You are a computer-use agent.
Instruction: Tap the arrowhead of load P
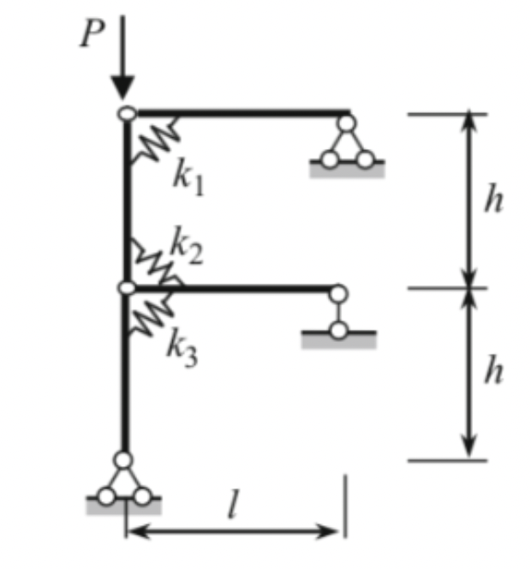coord(123,88)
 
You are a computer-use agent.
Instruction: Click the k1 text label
coord(188,177)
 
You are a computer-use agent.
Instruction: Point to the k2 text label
coord(185,247)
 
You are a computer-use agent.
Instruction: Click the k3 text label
coord(182,348)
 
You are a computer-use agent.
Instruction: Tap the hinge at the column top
coord(126,112)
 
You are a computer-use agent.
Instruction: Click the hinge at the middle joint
coord(126,290)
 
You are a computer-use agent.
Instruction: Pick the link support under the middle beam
coord(339,312)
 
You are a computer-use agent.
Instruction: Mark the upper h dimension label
coord(492,201)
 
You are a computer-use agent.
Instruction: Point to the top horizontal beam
coord(240,111)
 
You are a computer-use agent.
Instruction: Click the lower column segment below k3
coord(125,394)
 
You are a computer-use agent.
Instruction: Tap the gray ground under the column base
coord(123,507)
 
